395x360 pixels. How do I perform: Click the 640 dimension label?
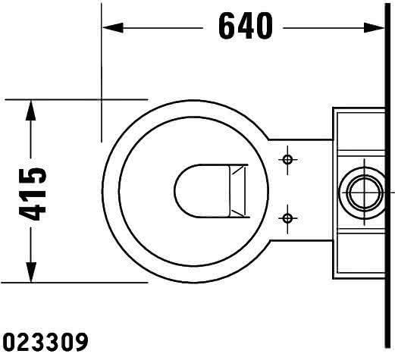[x=246, y=27]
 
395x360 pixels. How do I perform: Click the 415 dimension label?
[x=33, y=194]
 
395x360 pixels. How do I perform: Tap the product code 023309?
[x=45, y=342]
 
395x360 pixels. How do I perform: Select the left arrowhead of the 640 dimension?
[x=113, y=27]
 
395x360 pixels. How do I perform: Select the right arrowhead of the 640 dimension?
[x=375, y=27]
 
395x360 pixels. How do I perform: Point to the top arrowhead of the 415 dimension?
[x=30, y=110]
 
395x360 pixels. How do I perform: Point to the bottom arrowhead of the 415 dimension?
[x=30, y=272]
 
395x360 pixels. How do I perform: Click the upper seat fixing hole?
[x=287, y=160]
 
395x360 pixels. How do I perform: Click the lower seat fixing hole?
[x=287, y=218]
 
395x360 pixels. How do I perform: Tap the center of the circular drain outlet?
[x=364, y=193]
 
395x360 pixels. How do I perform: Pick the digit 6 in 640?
[x=227, y=27]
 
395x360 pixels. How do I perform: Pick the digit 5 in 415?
[x=33, y=175]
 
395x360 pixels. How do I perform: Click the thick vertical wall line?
[x=387, y=177]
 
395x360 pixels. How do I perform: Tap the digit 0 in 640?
[x=264, y=27]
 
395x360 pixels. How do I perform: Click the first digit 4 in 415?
[x=33, y=211]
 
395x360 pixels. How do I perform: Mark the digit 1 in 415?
[x=33, y=193]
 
